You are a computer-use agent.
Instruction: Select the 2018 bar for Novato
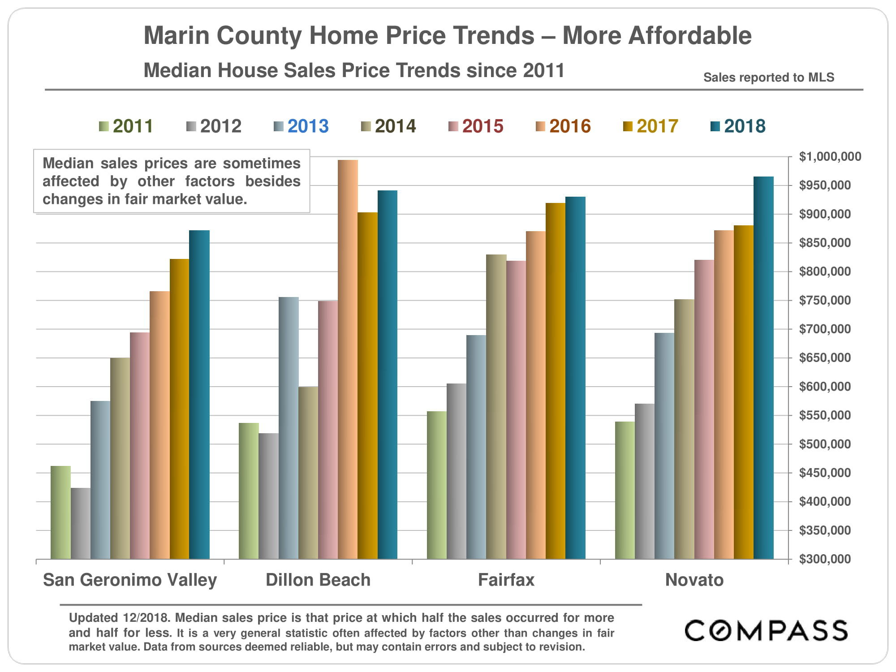pyautogui.click(x=763, y=367)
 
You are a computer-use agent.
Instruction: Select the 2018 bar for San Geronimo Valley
pyautogui.click(x=199, y=394)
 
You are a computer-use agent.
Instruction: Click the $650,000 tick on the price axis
pyautogui.click(x=824, y=358)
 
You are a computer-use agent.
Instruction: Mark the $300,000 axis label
pyautogui.click(x=824, y=559)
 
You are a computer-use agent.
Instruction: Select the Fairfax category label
pyautogui.click(x=506, y=580)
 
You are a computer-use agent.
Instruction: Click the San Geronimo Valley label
pyautogui.click(x=130, y=580)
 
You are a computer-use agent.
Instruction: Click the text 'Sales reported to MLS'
pyautogui.click(x=769, y=78)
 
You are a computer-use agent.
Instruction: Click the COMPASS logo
pyautogui.click(x=766, y=631)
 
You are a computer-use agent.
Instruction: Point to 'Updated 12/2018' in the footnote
pyautogui.click(x=119, y=618)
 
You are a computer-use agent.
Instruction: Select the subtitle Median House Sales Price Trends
pyautogui.click(x=354, y=71)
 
